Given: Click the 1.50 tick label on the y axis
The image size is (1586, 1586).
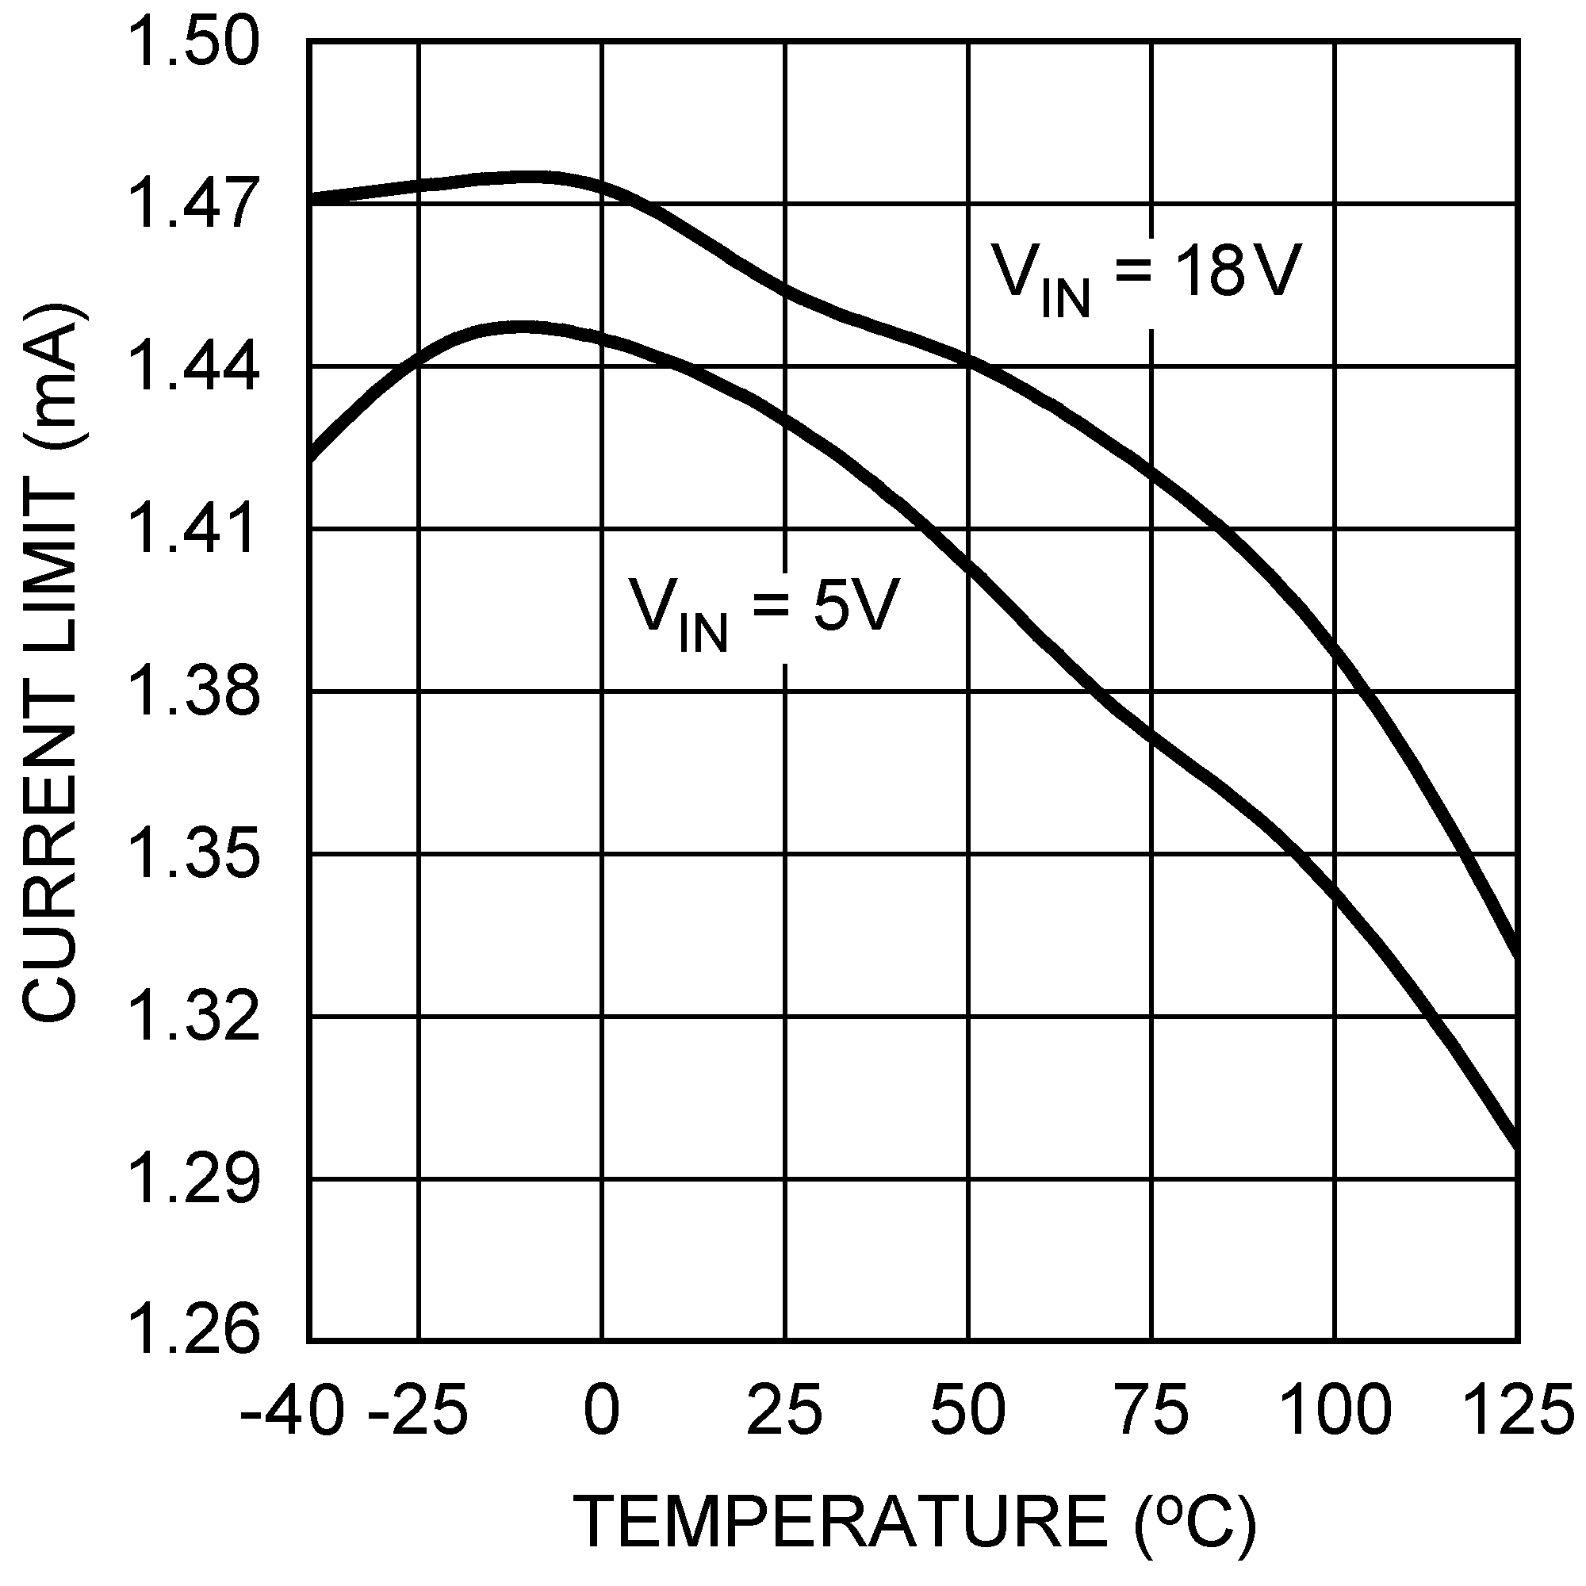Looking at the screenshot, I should [193, 44].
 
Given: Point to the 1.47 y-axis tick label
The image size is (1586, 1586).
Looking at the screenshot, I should [193, 205].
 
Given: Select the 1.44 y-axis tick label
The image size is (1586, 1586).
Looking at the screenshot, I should [193, 369].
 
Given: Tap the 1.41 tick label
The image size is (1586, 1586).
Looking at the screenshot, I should [193, 531].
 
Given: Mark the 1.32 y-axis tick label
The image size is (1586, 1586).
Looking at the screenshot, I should [193, 1019].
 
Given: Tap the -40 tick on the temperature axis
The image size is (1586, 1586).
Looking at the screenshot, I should [291, 1409].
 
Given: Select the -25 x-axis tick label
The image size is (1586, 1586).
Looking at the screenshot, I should [419, 1409].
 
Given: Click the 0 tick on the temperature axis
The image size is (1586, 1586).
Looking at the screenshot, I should [602, 1409].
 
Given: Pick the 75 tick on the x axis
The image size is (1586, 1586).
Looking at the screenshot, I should [1151, 1409].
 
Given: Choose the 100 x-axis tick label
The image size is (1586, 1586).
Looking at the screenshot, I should [1335, 1409].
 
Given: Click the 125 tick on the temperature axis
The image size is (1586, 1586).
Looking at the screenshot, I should [1518, 1409].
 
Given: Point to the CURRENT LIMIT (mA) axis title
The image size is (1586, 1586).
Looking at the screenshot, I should [51, 663].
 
